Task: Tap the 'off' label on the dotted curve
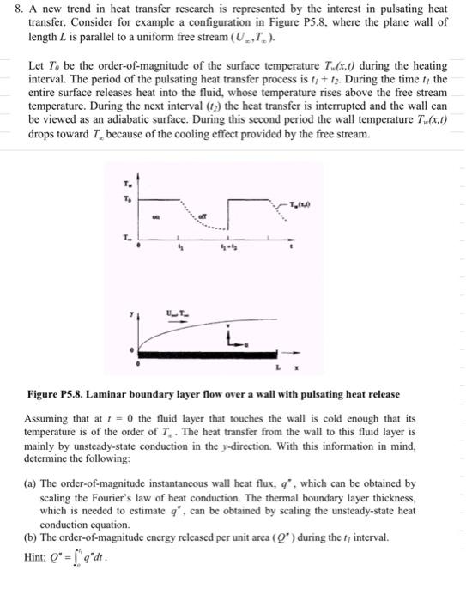click(x=203, y=216)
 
